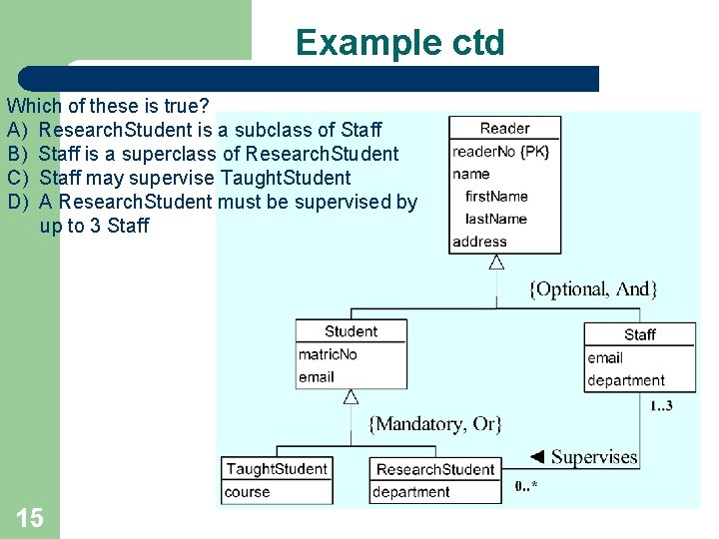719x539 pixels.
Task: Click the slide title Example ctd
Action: [399, 43]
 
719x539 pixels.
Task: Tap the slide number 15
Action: [30, 516]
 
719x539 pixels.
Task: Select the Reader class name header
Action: [504, 128]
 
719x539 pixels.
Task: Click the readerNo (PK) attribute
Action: [500, 152]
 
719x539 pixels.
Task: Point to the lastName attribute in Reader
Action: [495, 219]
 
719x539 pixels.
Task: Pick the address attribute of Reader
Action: [479, 242]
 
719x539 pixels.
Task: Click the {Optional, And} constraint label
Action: [592, 289]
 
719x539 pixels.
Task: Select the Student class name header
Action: [351, 331]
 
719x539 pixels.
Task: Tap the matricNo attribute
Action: [328, 354]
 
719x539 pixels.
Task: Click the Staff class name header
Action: [639, 334]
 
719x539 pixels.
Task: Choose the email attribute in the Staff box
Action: [605, 357]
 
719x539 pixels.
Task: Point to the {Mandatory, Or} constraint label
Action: [435, 424]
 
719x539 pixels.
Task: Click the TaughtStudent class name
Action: [277, 468]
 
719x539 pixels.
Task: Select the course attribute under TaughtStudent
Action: [247, 492]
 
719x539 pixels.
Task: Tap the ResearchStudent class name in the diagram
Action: [435, 469]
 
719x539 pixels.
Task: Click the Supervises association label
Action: [593, 457]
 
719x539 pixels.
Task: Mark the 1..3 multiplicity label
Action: [661, 405]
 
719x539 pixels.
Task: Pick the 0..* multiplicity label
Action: [527, 486]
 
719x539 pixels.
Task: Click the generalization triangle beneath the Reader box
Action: [496, 263]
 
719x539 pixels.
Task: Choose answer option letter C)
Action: [15, 178]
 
